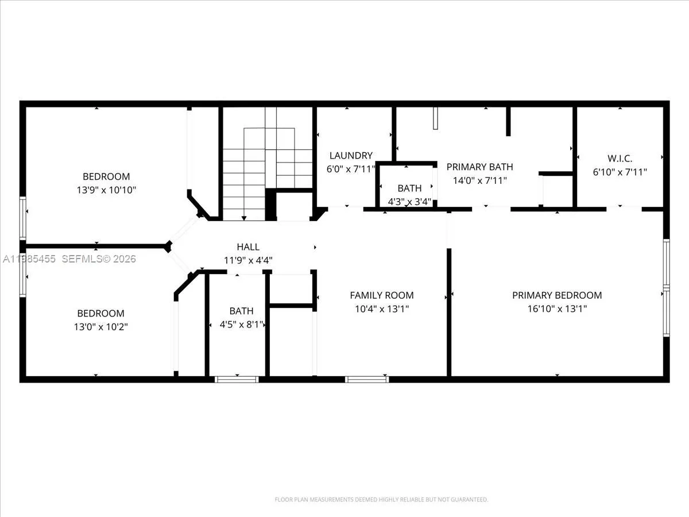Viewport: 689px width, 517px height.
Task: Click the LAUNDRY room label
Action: coord(351,155)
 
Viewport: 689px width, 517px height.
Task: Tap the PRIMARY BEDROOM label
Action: coord(557,295)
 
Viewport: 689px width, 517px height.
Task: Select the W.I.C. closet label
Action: coord(620,158)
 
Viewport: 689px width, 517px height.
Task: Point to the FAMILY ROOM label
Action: coord(382,295)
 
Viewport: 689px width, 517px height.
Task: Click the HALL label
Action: coord(248,247)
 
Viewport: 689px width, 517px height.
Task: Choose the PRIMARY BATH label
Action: coord(479,167)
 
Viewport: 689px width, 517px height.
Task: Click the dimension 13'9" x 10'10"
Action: coord(106,189)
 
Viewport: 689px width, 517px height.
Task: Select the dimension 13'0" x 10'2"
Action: coord(101,326)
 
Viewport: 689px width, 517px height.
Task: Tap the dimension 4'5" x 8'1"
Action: coord(242,325)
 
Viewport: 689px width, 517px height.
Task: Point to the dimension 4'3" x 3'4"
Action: coord(409,202)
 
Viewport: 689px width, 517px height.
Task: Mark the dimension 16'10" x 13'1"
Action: coord(557,308)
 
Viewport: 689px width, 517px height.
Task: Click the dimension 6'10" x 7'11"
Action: coord(620,172)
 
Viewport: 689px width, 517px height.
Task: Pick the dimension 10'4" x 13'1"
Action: coord(382,308)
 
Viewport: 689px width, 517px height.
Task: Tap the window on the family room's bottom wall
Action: coord(367,379)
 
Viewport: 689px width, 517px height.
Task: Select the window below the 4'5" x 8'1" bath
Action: coord(237,379)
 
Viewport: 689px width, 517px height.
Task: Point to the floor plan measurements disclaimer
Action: coord(381,500)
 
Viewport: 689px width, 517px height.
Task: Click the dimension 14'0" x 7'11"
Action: coord(479,180)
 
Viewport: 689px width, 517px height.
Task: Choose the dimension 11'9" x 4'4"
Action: coord(248,260)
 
